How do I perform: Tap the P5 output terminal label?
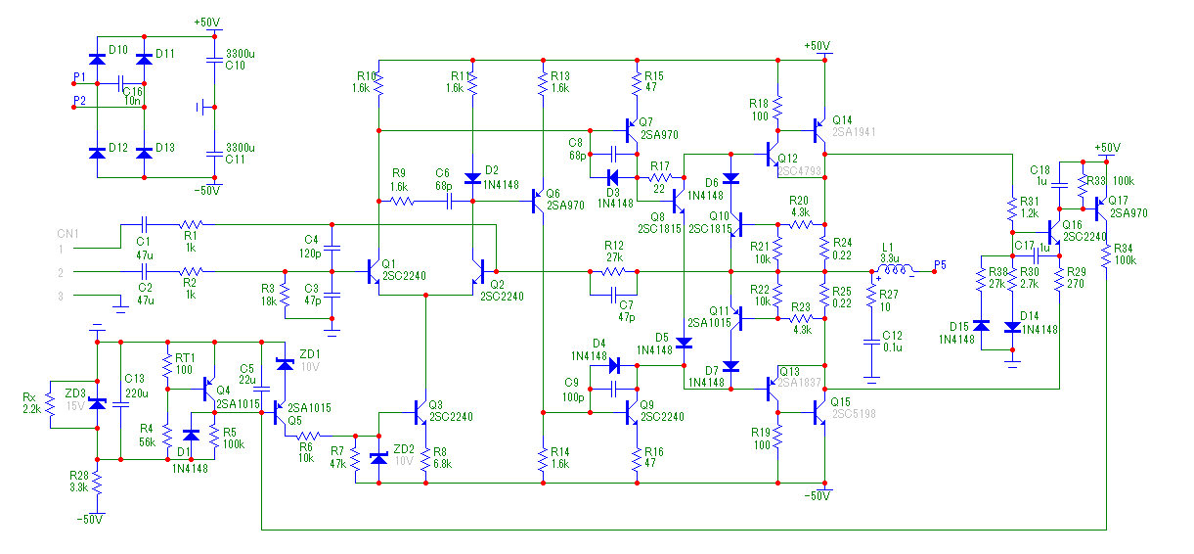[x=940, y=264]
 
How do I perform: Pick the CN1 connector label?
[x=67, y=233]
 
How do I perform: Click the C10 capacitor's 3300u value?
[x=241, y=54]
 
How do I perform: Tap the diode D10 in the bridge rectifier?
[x=96, y=60]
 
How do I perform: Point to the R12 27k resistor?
[x=613, y=271]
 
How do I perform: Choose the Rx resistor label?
[x=29, y=396]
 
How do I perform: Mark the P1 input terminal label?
[x=79, y=75]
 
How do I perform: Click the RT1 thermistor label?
[x=184, y=357]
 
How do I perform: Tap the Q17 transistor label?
[x=1118, y=201]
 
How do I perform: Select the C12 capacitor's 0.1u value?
[x=892, y=347]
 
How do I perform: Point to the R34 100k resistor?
[x=1106, y=255]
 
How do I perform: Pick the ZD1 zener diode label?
[x=309, y=352]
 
